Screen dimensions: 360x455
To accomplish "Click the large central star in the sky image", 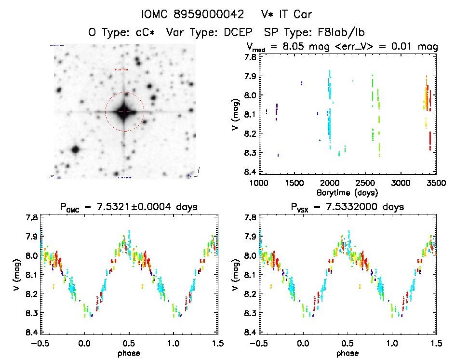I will tap(124, 112).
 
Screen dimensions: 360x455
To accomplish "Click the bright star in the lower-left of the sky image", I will tap(75, 149).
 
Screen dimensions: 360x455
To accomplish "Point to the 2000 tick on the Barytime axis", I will tap(330, 183).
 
